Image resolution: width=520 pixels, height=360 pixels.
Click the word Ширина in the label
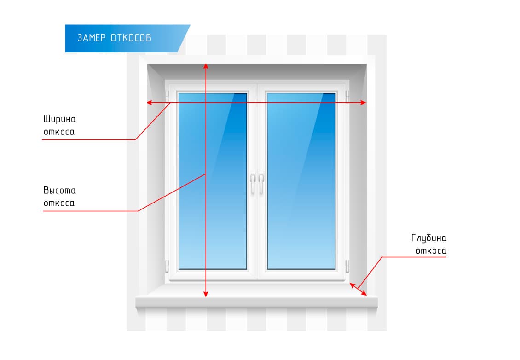60,119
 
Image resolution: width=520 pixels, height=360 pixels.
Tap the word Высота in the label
60,191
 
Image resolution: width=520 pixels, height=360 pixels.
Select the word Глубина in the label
429,238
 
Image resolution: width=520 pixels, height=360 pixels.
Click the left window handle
252,183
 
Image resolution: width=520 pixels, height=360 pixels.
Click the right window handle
261,183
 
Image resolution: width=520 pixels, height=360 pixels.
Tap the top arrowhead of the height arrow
206,65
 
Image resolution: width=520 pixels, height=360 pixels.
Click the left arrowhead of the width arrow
150,103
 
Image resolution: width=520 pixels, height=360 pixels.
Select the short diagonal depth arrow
358,289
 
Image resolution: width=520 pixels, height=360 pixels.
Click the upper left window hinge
168,96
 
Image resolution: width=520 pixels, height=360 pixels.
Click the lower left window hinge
168,266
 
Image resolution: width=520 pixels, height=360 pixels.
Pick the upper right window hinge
347,96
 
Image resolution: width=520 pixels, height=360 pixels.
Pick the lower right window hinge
347,266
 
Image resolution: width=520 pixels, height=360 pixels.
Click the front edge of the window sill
256,302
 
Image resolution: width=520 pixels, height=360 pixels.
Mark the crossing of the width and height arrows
206,103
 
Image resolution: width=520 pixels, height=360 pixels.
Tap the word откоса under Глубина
431,251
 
